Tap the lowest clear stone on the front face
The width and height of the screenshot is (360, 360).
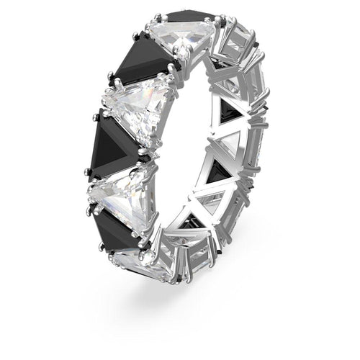tap(140, 258)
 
